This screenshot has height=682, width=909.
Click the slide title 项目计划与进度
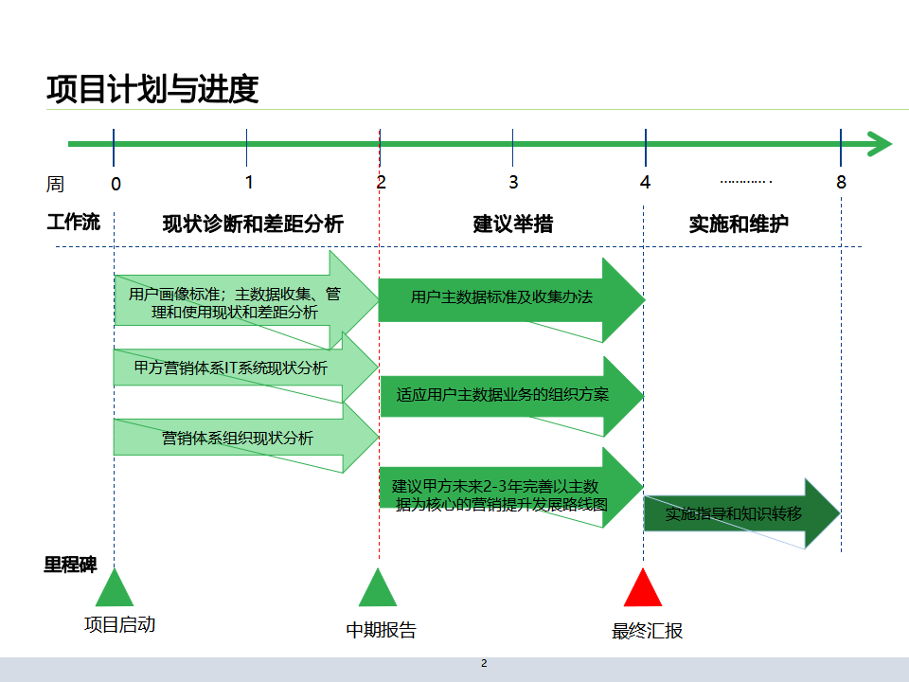point(152,89)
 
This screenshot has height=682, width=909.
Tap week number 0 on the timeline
point(116,184)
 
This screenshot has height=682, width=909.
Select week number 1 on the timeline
point(249,182)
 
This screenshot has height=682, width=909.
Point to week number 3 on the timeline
point(513,182)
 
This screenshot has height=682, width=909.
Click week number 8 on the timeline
point(841,182)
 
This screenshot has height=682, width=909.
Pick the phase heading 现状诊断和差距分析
point(253,224)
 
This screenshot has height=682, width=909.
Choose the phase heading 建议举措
point(513,224)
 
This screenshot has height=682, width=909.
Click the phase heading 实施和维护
point(739,224)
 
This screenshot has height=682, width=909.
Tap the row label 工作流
point(73,224)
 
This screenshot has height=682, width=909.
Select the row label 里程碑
point(70,565)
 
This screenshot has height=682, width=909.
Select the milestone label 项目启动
point(119,624)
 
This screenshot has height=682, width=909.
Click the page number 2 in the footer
point(484,663)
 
